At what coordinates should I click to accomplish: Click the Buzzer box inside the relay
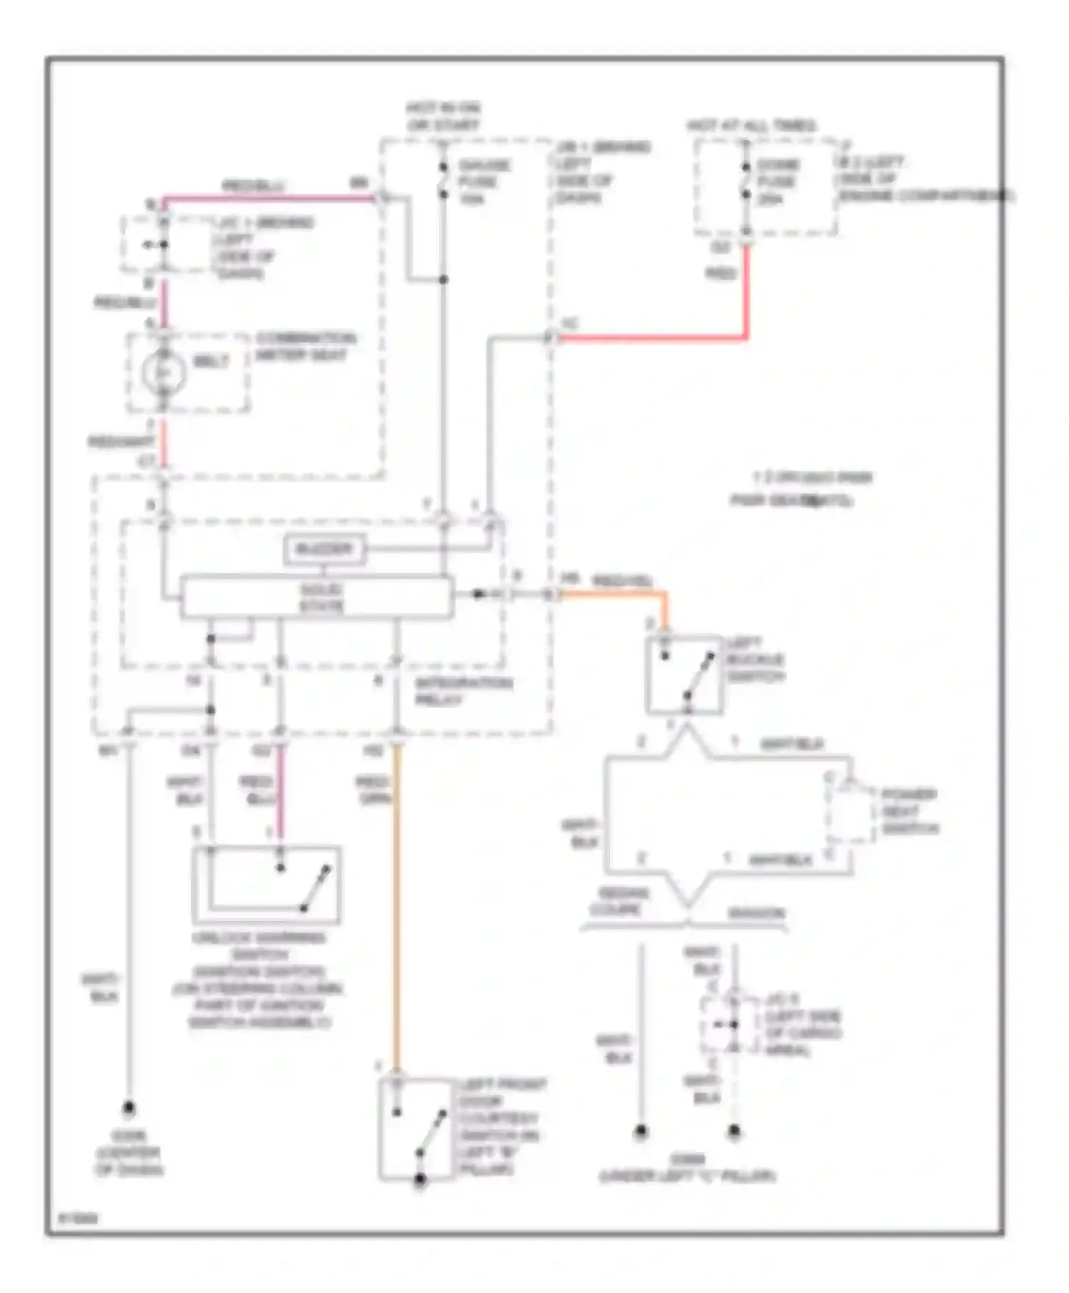(325, 549)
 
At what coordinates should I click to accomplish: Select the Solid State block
(316, 597)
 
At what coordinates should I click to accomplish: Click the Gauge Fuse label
(485, 182)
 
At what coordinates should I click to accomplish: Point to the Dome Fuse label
(778, 182)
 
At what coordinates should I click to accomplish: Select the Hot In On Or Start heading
(443, 116)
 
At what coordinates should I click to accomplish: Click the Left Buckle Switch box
(684, 674)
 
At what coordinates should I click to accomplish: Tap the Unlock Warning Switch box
(267, 885)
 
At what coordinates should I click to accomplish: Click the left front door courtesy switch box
(416, 1128)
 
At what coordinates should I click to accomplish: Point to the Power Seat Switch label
(909, 811)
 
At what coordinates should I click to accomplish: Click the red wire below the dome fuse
(746, 292)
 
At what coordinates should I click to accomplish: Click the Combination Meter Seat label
(305, 346)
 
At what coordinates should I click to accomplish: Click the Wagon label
(755, 913)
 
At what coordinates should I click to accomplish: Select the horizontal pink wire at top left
(271, 198)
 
